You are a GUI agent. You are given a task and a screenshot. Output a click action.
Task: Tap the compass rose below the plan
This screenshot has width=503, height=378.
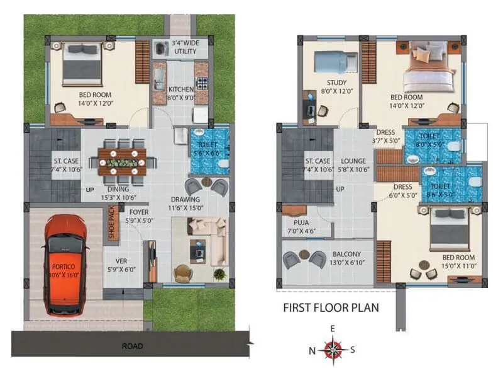click(x=331, y=349)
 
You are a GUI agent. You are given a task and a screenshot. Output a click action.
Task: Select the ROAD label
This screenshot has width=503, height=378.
click(x=132, y=346)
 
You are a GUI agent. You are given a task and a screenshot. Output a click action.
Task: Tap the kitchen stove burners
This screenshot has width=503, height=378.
click(x=202, y=83)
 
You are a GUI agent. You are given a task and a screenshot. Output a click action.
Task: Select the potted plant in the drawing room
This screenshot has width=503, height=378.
click(x=219, y=274)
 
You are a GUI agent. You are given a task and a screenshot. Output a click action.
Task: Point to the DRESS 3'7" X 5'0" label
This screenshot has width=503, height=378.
click(x=384, y=137)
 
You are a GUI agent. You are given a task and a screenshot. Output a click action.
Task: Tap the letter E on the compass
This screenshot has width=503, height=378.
click(x=332, y=328)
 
